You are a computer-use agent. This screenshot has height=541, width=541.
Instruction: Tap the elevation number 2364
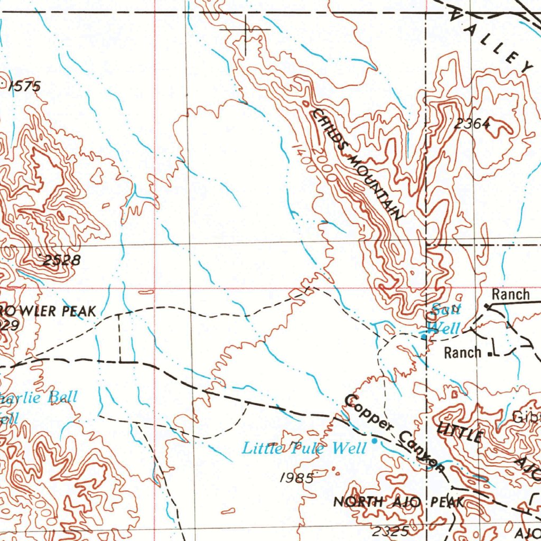pos(472,123)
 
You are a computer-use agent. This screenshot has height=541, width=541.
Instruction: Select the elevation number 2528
pos(62,260)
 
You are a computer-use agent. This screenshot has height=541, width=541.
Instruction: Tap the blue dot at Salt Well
pos(424,335)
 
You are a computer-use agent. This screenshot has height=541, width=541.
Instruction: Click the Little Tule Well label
pos(304,449)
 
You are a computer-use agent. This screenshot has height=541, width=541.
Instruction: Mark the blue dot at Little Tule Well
pos(375,440)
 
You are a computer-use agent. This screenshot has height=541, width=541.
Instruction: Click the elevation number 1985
pos(297,478)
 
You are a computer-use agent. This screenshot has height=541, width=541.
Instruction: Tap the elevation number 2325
pos(390,531)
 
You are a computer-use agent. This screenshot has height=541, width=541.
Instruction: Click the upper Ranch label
pos(510,294)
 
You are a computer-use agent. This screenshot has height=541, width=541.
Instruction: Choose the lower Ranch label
pos(462,352)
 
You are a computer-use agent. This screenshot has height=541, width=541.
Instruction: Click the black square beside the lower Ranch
pos(491,354)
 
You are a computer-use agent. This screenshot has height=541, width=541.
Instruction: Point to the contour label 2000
pos(323,164)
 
